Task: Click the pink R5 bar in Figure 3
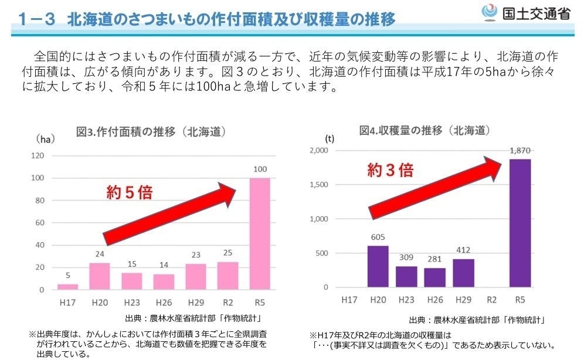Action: (x=260, y=233)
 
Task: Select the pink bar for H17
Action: (x=67, y=287)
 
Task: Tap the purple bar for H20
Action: (x=378, y=267)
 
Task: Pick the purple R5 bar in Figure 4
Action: (x=520, y=223)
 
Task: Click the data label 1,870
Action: (x=520, y=151)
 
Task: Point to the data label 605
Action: (x=378, y=237)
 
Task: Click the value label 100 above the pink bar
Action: (x=260, y=169)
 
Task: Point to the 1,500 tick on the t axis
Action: (x=320, y=185)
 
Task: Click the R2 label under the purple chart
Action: (x=491, y=300)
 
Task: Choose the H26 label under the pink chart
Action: (x=164, y=303)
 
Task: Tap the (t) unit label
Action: (x=330, y=139)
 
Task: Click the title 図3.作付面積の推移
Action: (x=151, y=131)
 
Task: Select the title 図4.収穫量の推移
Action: (x=425, y=130)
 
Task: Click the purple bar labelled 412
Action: (x=463, y=273)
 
